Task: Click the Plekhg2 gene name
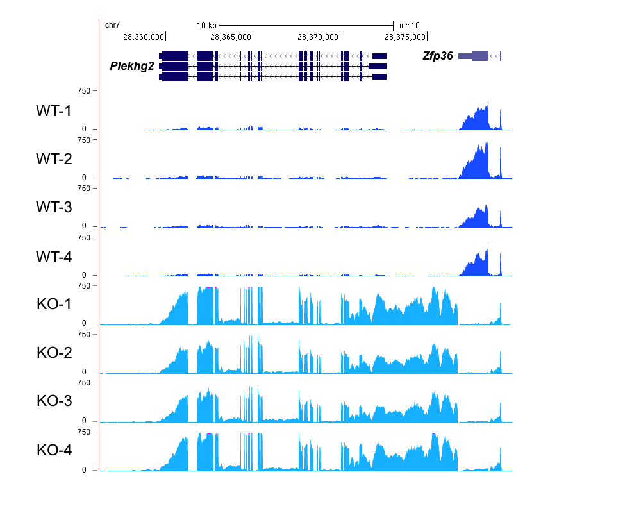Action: [132, 65]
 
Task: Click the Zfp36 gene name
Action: [438, 56]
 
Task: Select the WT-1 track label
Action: [54, 111]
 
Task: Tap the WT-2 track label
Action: [54, 159]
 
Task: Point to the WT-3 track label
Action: [54, 208]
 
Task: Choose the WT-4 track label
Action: [54, 256]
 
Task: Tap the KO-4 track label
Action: [54, 450]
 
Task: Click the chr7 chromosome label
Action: [112, 24]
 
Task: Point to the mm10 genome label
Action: [409, 25]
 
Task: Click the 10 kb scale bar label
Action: [206, 25]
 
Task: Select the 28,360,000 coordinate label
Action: [144, 37]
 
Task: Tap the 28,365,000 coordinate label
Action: [231, 37]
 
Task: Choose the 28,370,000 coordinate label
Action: [318, 37]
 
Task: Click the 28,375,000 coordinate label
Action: [405, 37]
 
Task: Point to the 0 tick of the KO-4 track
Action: [84, 470]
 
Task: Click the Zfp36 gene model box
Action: [480, 56]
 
